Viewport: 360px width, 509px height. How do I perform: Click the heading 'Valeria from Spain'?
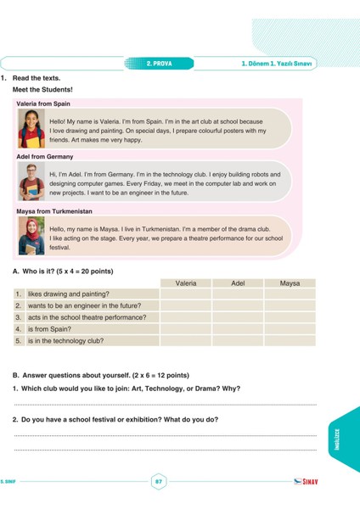tap(43, 103)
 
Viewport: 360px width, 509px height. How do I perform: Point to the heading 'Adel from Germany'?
tap(45, 157)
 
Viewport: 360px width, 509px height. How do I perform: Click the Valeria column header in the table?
tap(186, 282)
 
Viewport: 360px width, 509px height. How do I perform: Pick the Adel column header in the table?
tap(238, 282)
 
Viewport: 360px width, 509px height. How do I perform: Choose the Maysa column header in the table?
tap(290, 282)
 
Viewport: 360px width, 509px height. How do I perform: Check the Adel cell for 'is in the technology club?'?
tap(238, 341)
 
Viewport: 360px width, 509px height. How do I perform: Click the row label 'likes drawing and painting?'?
tap(68, 294)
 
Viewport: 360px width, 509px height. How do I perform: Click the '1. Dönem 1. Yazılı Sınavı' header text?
tap(277, 63)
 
